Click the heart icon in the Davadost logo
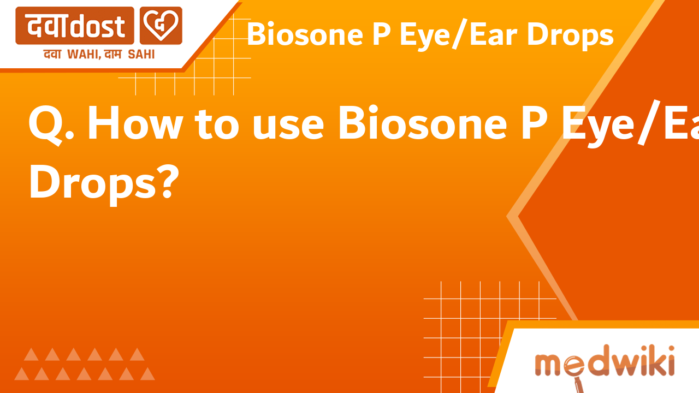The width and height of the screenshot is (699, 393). point(161,26)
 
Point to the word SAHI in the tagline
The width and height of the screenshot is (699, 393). point(141,54)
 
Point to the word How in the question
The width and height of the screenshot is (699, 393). point(134,124)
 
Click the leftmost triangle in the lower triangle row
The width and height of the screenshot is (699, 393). point(22,374)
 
